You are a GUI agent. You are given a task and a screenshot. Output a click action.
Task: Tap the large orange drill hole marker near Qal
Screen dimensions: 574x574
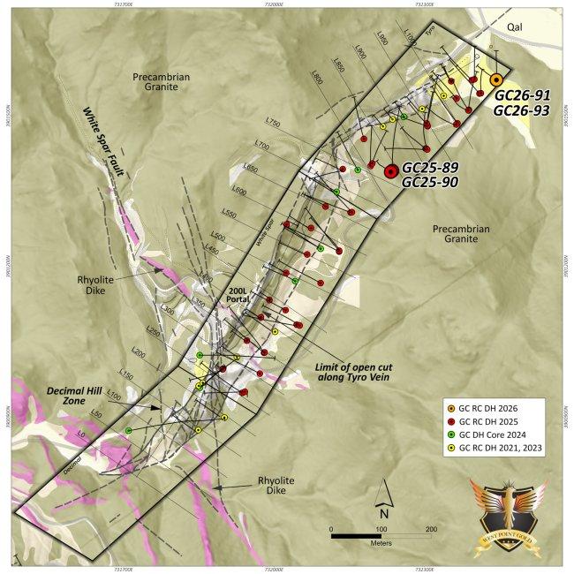[497, 79]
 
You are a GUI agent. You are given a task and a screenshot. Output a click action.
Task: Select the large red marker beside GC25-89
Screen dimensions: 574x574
[391, 172]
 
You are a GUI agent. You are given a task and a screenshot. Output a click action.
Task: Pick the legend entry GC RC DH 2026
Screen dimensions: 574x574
[500, 409]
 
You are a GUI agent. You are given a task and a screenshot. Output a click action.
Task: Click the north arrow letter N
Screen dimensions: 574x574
[384, 513]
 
